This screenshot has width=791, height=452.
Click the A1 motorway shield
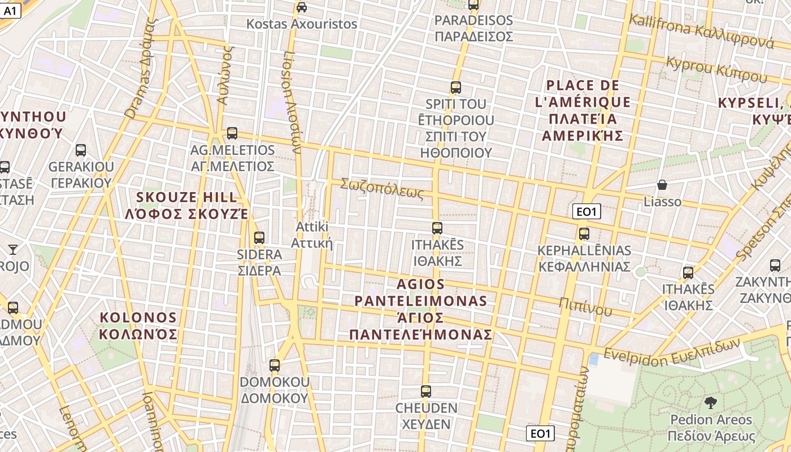pyautogui.click(x=10, y=10)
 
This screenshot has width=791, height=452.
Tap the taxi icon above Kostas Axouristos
pyautogui.click(x=302, y=7)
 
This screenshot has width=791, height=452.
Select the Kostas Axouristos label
pyautogui.click(x=302, y=24)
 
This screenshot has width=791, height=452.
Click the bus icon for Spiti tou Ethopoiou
pyautogui.click(x=456, y=88)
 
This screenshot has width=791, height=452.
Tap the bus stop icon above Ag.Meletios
pyautogui.click(x=232, y=133)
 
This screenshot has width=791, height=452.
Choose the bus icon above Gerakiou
pyautogui.click(x=81, y=150)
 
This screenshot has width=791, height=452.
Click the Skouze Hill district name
pyautogui.click(x=187, y=205)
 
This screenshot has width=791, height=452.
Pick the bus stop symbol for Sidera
pyautogui.click(x=259, y=238)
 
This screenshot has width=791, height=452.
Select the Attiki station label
pyautogui.click(x=311, y=234)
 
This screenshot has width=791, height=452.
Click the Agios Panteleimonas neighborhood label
pyautogui.click(x=420, y=308)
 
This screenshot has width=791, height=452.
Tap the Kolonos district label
pyautogui.click(x=138, y=325)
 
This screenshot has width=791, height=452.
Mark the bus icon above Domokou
pyautogui.click(x=275, y=366)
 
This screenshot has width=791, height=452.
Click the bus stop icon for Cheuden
pyautogui.click(x=426, y=392)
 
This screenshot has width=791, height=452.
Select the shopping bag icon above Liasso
pyautogui.click(x=662, y=185)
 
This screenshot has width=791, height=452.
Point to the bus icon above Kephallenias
pyautogui.click(x=584, y=233)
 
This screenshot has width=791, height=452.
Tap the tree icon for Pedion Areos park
pyautogui.click(x=711, y=403)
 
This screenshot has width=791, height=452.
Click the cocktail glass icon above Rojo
pyautogui.click(x=13, y=249)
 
